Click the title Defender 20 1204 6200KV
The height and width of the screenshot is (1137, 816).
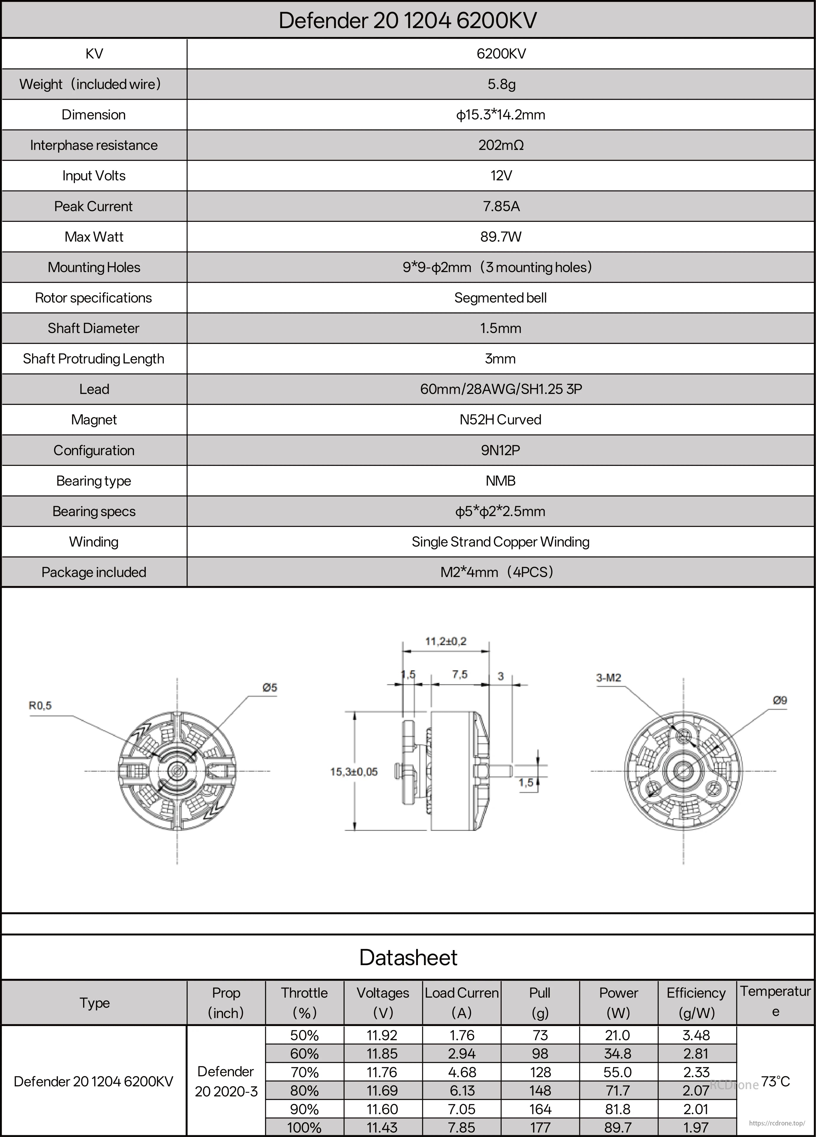tap(408, 20)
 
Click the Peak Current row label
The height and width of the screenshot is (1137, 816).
tap(94, 206)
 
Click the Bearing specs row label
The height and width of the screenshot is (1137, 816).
tap(94, 511)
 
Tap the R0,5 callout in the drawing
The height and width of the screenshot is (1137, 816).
tap(40, 706)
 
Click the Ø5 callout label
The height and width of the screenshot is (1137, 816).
tap(270, 687)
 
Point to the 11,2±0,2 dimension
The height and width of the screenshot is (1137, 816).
tap(446, 641)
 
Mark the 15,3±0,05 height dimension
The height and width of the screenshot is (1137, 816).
tap(354, 771)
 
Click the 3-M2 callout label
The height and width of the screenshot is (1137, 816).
tap(608, 678)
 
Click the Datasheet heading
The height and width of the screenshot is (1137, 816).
tap(408, 957)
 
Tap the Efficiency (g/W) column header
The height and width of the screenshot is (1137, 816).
tap(696, 1003)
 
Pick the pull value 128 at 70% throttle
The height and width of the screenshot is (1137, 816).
tap(540, 1072)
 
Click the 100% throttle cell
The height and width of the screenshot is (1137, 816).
tap(304, 1128)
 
